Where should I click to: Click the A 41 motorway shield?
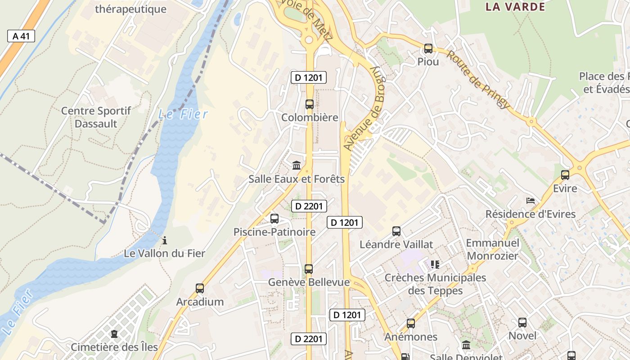[x=21, y=36]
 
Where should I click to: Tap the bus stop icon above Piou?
[x=428, y=48]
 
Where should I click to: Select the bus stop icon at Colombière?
[x=310, y=104]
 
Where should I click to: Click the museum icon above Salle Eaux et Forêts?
[x=297, y=166]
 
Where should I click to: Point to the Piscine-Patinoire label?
[x=274, y=232]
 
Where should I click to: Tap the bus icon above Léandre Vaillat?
[x=396, y=231]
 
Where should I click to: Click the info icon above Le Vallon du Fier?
[x=165, y=240]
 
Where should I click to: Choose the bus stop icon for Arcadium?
[x=200, y=288]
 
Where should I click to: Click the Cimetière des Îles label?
[x=114, y=347]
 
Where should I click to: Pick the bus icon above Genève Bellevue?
[x=309, y=269]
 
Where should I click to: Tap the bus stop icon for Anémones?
[x=411, y=324]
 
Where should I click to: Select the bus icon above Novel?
[x=522, y=323]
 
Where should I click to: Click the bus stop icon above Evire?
[x=565, y=175]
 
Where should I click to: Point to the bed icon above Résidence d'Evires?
[x=531, y=201]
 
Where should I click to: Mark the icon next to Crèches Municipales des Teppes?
[x=435, y=265]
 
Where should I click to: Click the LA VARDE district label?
[x=515, y=7]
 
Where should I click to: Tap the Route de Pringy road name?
[x=479, y=80]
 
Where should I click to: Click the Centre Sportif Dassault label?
[x=96, y=117]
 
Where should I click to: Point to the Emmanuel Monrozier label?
[x=492, y=249]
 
